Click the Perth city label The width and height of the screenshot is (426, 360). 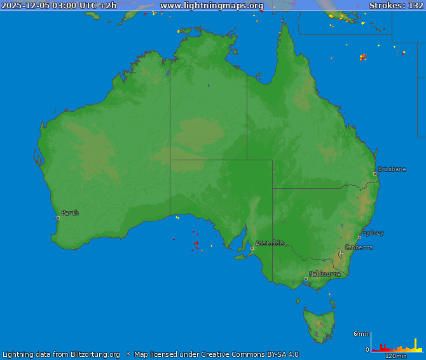pos(70,213)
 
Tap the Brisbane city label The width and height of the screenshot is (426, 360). pos(392,169)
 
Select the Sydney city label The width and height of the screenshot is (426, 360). pos(373,233)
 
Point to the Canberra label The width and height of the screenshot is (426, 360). pos(359,247)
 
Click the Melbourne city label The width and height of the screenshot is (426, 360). pos(324,274)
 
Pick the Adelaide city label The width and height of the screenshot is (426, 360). pos(269,243)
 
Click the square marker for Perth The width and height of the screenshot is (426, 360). pos(58,218)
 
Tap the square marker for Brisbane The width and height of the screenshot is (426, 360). pos(374,174)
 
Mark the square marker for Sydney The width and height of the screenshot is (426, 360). pos(359,237)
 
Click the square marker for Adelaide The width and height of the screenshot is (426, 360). pos(252,248)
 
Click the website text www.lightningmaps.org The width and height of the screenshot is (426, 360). pos(212,6)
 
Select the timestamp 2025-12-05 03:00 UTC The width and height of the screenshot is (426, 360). pos(50,6)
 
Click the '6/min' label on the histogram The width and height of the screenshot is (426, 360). pos(361,334)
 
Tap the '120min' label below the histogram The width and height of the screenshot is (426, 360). pos(395,356)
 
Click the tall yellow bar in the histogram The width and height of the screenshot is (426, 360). pos(416,345)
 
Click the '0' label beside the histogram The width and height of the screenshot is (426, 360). pos(367,349)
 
